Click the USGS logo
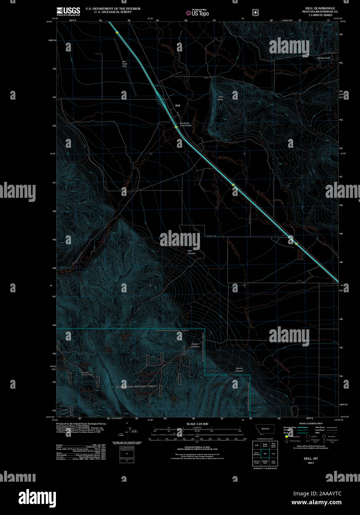point(69,11)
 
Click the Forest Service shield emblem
point(255,12)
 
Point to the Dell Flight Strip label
point(124,63)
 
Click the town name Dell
point(177,106)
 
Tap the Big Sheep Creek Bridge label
point(186,124)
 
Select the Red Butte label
point(221,98)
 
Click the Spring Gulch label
point(324,58)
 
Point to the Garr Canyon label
point(191,252)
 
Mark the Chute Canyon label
point(195,345)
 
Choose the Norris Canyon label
point(239,369)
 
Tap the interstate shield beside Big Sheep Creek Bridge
point(176,127)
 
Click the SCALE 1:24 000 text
point(197,424)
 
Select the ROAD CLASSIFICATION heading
point(311,423)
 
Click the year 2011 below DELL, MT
point(310,463)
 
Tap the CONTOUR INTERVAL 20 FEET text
point(197,447)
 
